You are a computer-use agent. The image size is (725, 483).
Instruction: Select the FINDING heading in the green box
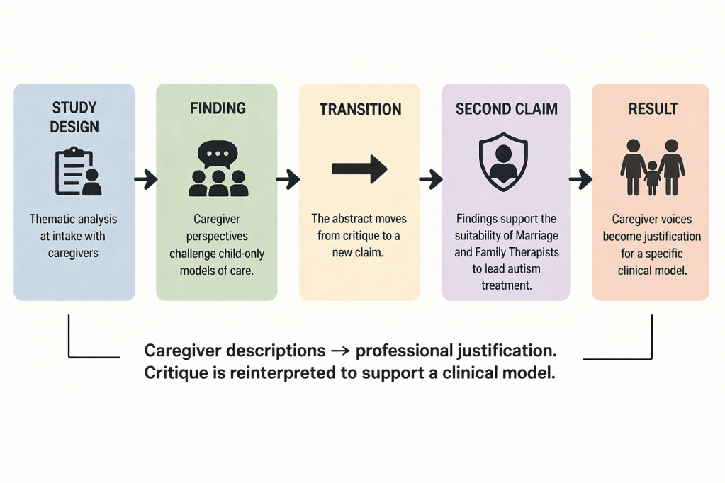[218, 108]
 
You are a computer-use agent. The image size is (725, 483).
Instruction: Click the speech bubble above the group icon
[218, 154]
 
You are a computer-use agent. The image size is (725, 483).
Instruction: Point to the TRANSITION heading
[360, 110]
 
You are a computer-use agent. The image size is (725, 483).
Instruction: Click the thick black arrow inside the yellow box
[359, 169]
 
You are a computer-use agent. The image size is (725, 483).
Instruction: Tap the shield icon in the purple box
[503, 164]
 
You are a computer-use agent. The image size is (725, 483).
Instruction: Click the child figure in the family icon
[652, 177]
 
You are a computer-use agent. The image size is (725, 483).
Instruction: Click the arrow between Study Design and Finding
[145, 180]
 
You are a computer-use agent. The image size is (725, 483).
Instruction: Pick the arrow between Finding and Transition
[288, 180]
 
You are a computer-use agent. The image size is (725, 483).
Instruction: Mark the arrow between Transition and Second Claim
[431, 180]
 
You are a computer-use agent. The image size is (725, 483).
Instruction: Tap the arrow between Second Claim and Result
[580, 180]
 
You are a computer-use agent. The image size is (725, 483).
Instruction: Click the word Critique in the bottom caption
[174, 373]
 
